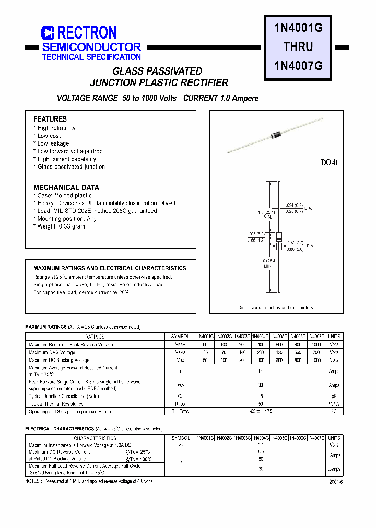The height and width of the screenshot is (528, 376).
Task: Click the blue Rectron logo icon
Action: [48, 32]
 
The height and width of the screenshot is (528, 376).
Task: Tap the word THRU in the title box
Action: [298, 47]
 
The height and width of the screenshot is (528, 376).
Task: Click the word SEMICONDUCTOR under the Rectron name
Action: [91, 47]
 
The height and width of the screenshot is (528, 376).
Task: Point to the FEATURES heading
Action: [50, 119]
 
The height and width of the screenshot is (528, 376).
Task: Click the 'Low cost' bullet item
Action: [49, 136]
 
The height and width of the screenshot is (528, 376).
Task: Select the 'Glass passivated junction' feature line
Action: [71, 166]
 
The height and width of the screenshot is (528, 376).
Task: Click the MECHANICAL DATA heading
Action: [66, 187]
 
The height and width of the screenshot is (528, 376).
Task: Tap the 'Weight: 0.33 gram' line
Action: [61, 226]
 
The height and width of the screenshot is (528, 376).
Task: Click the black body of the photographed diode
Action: [276, 136]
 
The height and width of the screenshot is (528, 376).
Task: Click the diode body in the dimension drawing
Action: [272, 236]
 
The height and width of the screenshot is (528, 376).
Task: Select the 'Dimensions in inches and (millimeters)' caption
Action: [276, 308]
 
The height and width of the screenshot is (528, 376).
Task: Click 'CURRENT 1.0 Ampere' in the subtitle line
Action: [220, 98]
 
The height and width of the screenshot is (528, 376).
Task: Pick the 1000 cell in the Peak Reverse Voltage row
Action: [316, 344]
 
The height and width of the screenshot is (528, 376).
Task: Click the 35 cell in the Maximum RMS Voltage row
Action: [206, 352]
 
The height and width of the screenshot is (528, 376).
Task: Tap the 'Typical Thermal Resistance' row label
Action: [56, 404]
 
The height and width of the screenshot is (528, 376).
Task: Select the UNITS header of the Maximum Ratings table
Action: [334, 337]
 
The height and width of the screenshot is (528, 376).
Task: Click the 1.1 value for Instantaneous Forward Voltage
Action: [261, 445]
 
